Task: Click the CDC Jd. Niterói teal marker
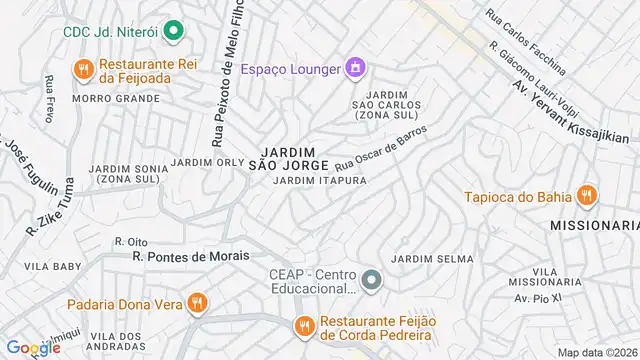[x=173, y=31]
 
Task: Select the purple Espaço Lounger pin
[x=354, y=68]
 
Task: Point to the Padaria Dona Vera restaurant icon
[x=198, y=302]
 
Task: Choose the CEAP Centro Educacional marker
[x=372, y=280]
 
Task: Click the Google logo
[x=33, y=347]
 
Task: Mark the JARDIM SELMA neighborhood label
[x=432, y=259]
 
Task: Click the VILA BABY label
[x=53, y=267]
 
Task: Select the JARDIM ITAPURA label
[x=320, y=181]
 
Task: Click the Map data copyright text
[x=598, y=352]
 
